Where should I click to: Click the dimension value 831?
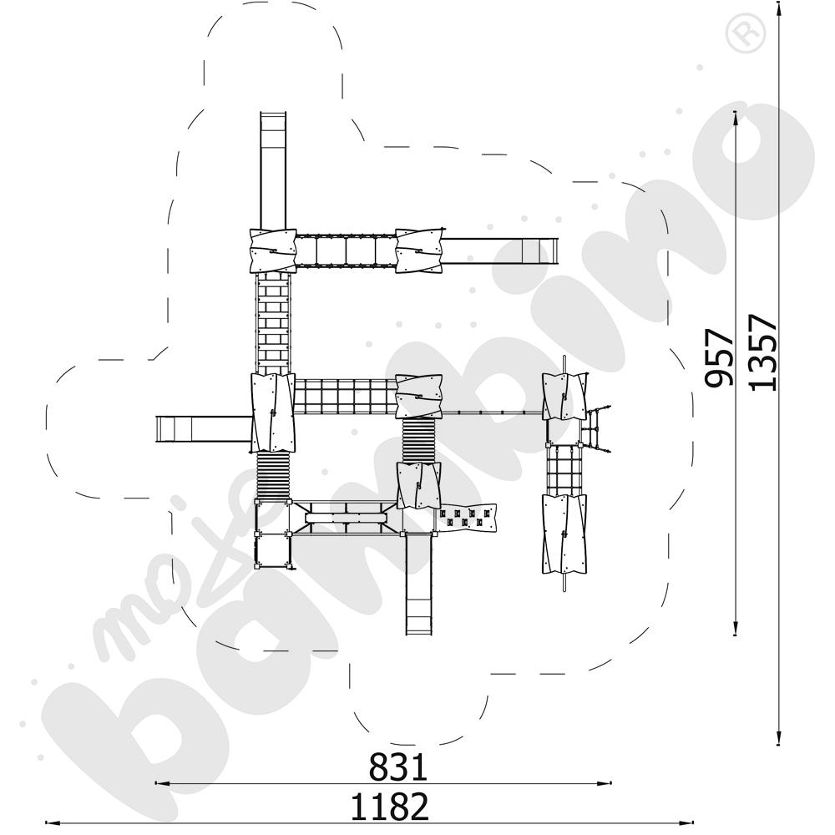click(398, 767)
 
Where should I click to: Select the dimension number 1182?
click(389, 807)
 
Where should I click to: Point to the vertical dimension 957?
click(719, 357)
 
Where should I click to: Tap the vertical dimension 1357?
click(762, 352)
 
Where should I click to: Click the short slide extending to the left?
click(203, 429)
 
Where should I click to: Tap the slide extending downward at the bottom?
click(420, 584)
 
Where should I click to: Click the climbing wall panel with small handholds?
click(468, 518)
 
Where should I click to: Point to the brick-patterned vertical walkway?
click(273, 322)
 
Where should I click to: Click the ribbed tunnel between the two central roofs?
click(418, 441)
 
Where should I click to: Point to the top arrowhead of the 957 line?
click(736, 116)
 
